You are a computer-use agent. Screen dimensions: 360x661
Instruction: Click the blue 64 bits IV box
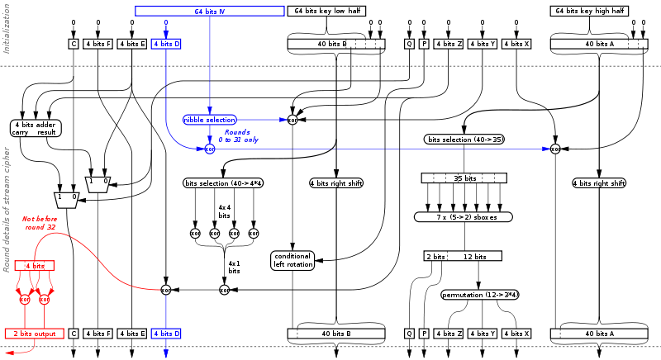(210, 12)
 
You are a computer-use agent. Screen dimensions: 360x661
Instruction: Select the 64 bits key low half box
(324, 12)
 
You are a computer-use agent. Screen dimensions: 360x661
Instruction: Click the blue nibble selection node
(210, 120)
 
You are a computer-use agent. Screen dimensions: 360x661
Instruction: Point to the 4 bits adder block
(34, 127)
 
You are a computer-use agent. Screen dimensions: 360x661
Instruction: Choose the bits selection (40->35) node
(464, 139)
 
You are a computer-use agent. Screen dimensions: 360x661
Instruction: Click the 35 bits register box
(464, 178)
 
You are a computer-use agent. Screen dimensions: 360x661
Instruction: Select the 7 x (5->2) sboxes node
(463, 216)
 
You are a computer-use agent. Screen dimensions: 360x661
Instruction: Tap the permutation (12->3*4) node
(483, 294)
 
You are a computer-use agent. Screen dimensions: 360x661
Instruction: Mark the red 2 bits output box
(34, 333)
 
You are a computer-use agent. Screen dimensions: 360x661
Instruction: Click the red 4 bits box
(34, 265)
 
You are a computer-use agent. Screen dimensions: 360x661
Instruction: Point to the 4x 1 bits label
(234, 267)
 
